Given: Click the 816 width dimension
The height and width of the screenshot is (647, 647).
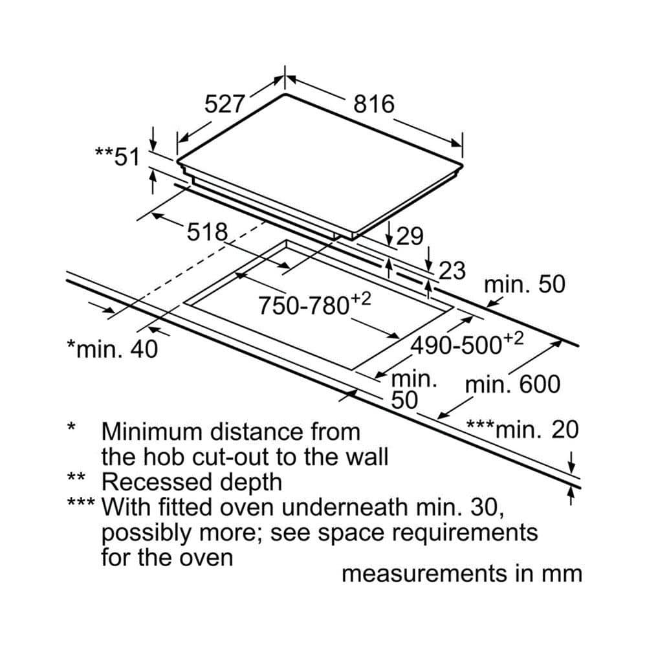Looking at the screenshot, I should coord(374,104).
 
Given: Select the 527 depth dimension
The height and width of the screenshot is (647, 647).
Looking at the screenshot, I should coord(225,104).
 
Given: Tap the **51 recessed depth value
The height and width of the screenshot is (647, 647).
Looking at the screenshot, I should coord(117,156).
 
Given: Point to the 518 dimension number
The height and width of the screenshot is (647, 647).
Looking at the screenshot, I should coord(208,232).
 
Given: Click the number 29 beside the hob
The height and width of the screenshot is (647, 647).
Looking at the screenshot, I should coord(410,237).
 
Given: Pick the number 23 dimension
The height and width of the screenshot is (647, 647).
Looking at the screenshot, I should coord(452,270).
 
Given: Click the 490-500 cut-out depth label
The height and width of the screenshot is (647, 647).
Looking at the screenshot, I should coord(466,344).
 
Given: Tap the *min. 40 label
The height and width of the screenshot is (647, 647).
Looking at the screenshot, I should coord(112,349).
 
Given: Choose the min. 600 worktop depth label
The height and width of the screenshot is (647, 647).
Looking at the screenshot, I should coord(513,385).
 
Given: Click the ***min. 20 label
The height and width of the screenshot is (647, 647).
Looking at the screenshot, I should coord(522,429).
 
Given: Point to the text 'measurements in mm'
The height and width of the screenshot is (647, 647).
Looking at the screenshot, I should coord(461,573).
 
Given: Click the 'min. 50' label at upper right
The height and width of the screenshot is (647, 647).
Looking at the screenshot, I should coord(525,285).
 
